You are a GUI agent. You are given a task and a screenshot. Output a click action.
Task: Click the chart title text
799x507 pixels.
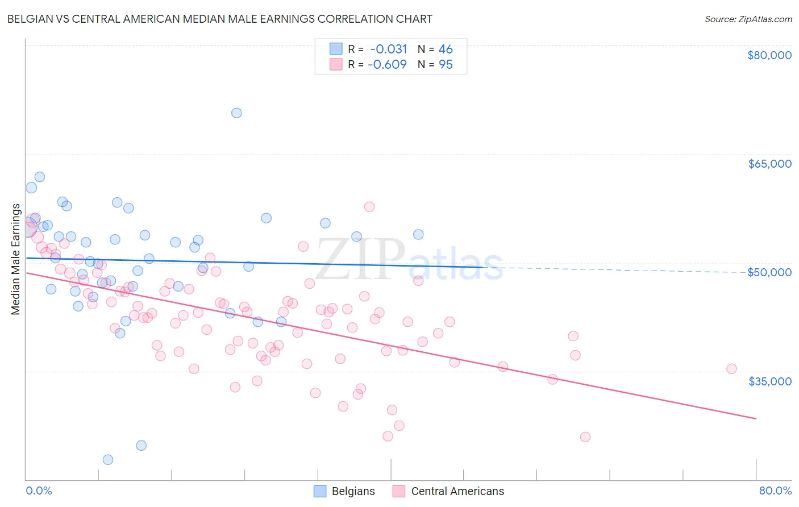[219, 19]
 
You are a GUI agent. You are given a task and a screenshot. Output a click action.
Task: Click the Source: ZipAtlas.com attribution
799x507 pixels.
[748, 19]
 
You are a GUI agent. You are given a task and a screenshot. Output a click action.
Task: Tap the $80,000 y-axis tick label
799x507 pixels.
[769, 55]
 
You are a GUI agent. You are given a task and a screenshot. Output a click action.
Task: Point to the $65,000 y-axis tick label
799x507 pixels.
[769, 164]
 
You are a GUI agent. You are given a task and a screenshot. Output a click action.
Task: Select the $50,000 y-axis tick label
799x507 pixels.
[769, 272]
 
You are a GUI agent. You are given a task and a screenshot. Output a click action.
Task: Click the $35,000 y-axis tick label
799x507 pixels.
[769, 381]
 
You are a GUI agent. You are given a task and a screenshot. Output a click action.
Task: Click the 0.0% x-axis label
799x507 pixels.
[39, 491]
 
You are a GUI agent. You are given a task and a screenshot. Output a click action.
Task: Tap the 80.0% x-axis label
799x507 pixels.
[775, 491]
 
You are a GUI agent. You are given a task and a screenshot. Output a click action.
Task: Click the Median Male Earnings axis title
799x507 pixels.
[16, 259]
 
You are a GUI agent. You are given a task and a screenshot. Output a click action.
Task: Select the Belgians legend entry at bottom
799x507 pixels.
[344, 491]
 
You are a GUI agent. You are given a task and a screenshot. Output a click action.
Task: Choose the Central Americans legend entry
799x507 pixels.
[448, 491]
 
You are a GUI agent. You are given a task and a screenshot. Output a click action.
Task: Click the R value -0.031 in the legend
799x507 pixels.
[389, 49]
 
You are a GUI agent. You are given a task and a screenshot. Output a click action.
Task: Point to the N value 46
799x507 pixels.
[446, 49]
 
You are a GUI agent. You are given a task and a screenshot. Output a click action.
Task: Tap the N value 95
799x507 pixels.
[446, 64]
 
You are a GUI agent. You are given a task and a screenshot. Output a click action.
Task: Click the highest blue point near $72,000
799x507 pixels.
[236, 113]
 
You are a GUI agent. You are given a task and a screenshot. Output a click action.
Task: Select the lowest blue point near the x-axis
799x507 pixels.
[107, 459]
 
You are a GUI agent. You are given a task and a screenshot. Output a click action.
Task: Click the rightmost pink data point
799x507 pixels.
[731, 369]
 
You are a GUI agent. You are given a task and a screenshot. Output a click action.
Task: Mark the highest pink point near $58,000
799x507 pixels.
[369, 207]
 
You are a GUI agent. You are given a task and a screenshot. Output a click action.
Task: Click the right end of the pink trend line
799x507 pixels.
[756, 418]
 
